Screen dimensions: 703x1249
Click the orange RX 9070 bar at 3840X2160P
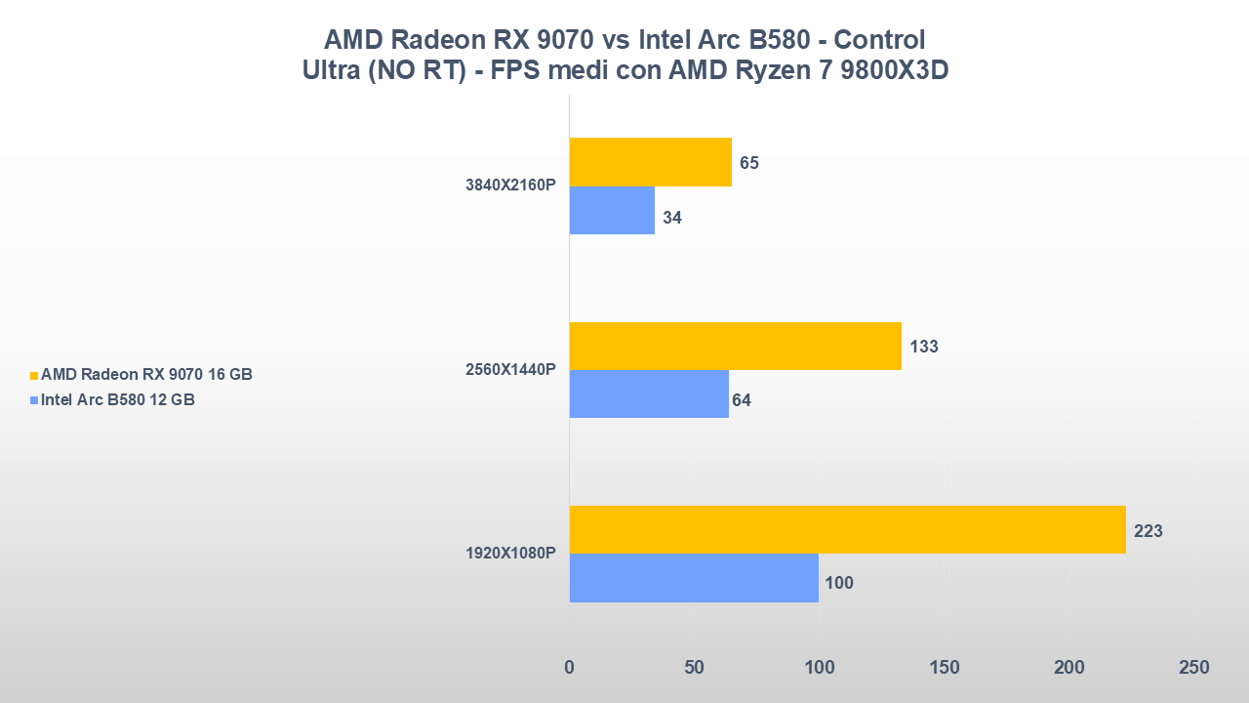click(x=650, y=162)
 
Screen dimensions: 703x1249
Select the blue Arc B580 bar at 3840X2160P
click(x=612, y=211)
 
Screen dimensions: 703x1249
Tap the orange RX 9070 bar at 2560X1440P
click(x=735, y=346)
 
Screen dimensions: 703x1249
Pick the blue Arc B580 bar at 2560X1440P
click(x=649, y=393)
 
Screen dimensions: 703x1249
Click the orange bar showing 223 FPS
click(x=847, y=530)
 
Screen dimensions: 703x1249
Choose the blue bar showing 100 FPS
click(x=694, y=578)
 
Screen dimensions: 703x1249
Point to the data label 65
click(x=749, y=163)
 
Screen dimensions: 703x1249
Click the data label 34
click(x=672, y=218)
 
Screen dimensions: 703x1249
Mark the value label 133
click(x=923, y=347)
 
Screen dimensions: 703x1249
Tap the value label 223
click(x=1148, y=531)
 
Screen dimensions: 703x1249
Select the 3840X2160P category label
click(x=510, y=186)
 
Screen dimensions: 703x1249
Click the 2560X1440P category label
click(x=510, y=370)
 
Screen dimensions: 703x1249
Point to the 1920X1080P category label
click(x=510, y=554)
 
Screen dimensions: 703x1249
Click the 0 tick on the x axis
click(x=570, y=668)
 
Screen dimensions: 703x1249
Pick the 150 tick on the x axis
click(x=944, y=668)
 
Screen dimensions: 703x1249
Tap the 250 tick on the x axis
click(x=1193, y=668)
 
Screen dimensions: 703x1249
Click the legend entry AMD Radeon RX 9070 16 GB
click(x=146, y=375)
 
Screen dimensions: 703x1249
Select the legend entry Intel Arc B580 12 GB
click(x=117, y=399)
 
